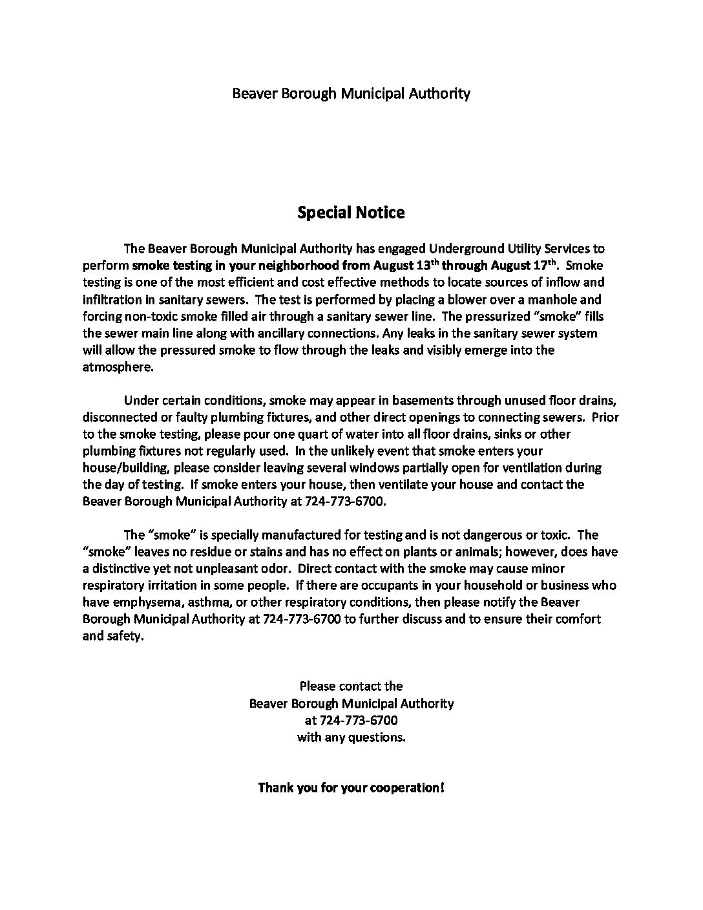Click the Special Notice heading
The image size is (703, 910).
pyautogui.click(x=351, y=213)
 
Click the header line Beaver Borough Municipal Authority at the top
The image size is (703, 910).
pyautogui.click(x=351, y=94)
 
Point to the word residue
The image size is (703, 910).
pyautogui.click(x=194, y=552)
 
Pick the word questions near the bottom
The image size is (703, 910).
pyautogui.click(x=379, y=737)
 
